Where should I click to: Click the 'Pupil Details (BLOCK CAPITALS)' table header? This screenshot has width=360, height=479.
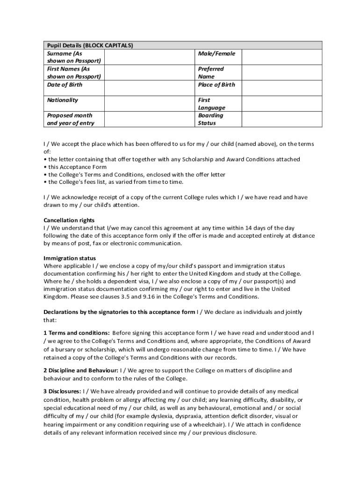tap(90, 45)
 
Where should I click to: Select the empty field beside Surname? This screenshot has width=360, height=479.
tap(149, 57)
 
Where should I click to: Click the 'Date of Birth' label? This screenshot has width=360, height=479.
tap(65, 85)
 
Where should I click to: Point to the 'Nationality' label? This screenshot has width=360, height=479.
tap(63, 100)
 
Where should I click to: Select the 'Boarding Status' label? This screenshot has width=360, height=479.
tap(210, 119)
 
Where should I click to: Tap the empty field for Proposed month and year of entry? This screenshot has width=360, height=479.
tap(149, 119)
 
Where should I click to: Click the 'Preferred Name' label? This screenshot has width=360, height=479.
tap(211, 73)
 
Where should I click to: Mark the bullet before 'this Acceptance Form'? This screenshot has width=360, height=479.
tap(45, 167)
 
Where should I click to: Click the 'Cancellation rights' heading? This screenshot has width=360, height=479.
tap(69, 220)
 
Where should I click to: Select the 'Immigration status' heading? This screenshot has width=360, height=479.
tap(70, 258)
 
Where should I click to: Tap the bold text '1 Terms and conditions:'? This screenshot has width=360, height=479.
tap(77, 333)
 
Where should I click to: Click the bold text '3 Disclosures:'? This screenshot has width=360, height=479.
tap(63, 391)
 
